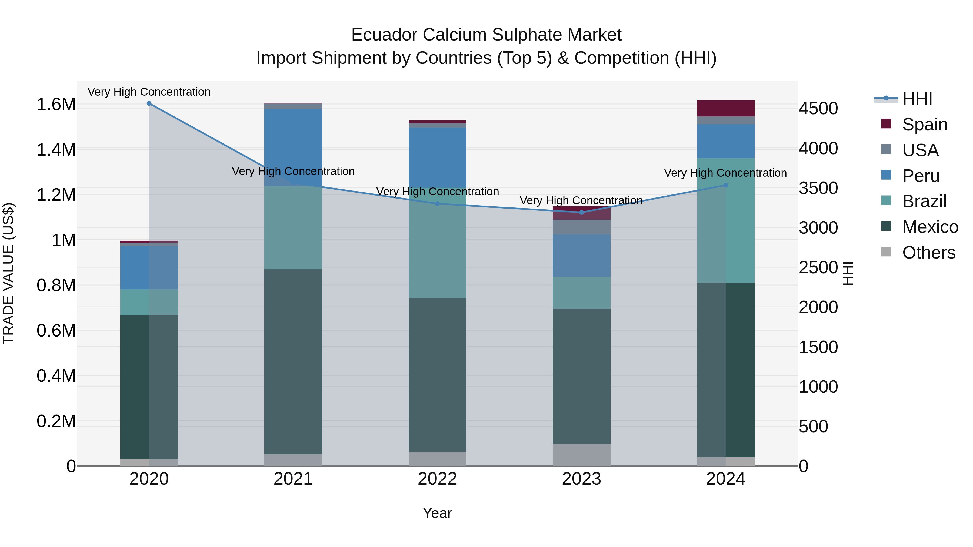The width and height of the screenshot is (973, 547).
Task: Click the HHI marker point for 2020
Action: coord(149,103)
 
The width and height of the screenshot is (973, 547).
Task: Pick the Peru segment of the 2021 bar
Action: coord(293,147)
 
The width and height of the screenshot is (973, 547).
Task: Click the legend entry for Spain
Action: coord(924,124)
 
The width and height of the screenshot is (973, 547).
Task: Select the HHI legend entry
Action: coord(917,99)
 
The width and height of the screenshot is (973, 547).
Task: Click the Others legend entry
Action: coord(928,253)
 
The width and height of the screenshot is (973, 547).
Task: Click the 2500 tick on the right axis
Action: coord(818,268)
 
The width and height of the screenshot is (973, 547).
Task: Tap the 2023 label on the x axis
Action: coord(581,479)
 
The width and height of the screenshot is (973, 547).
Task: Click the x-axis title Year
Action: coord(437,513)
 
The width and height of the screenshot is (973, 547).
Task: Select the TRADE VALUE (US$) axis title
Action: coord(8,273)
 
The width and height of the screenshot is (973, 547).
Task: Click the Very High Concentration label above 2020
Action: coord(149,92)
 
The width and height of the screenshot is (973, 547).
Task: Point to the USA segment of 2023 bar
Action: coord(581,227)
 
